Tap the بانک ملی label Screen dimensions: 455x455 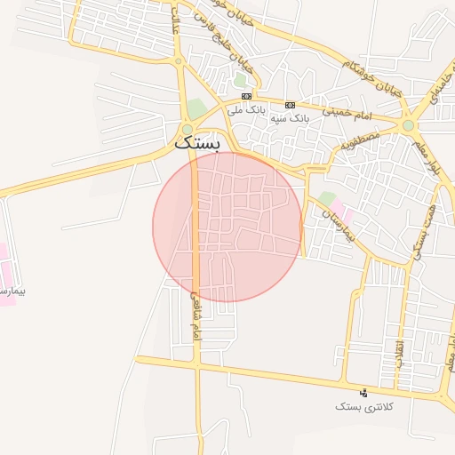tap(246, 110)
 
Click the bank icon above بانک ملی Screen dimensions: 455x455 tap(246, 96)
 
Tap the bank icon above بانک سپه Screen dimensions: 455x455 tap(290, 104)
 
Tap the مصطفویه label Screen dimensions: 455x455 tap(359, 140)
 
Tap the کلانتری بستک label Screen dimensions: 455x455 tap(360, 406)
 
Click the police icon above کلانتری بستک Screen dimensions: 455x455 tap(362, 392)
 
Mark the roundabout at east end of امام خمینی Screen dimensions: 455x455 tap(408, 125)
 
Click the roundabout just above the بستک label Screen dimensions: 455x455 tap(187, 129)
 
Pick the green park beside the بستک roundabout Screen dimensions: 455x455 tap(196, 109)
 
